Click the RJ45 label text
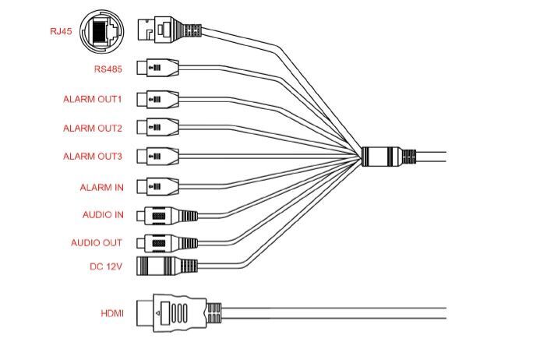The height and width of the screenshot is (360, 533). coord(61,33)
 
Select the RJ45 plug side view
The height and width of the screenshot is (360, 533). coord(168,31)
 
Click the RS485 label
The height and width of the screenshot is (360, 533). coord(108,69)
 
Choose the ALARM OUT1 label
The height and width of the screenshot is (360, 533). coord(93,99)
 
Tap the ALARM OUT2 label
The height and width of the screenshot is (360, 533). coord(93,128)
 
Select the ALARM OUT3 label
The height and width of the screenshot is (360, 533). coord(93,157)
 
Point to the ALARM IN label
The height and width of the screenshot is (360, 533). coord(101,187)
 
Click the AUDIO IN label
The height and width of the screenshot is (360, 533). coord(102,215)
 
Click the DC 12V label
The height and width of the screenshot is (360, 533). coord(106,266)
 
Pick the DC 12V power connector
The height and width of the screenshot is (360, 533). coord(164,266)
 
